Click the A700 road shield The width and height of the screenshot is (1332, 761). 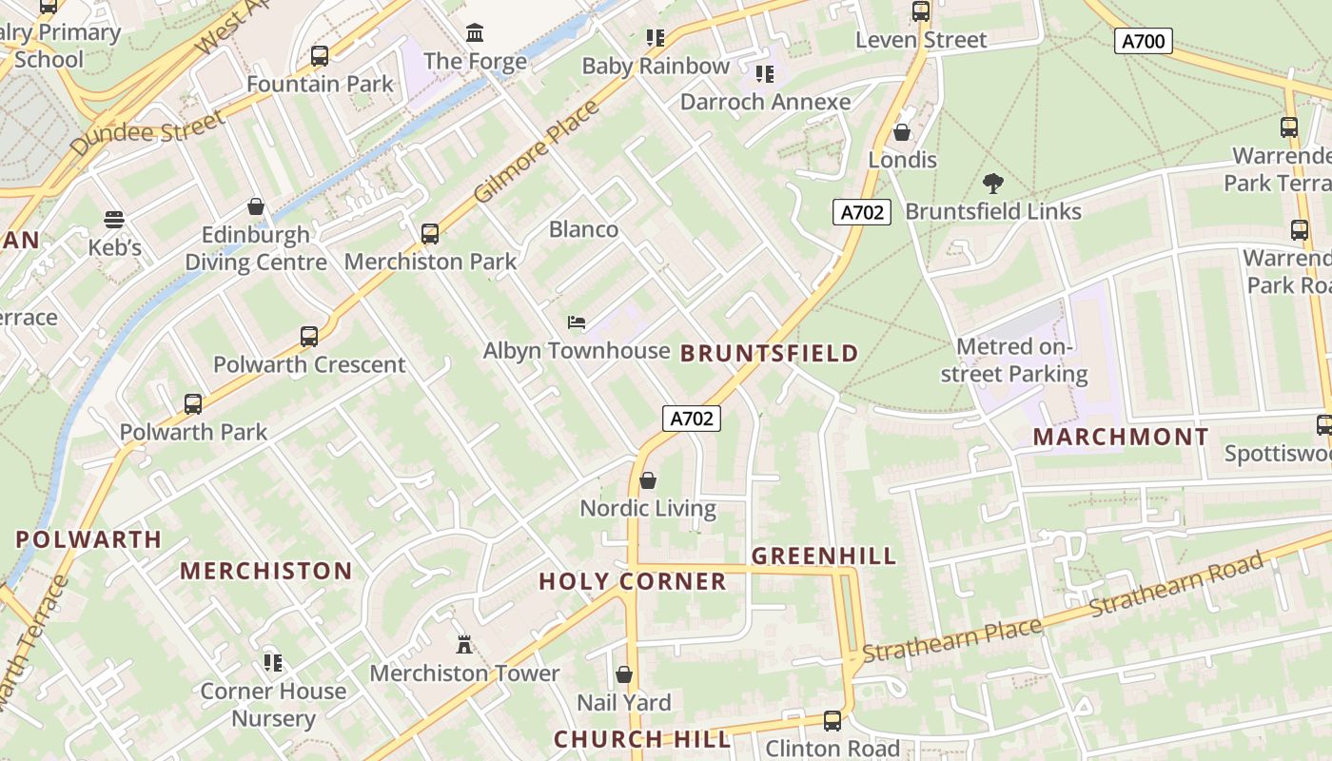1143,41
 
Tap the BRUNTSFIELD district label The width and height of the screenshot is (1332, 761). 769,354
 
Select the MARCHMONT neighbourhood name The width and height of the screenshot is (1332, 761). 1120,438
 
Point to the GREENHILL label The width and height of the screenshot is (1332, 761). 824,556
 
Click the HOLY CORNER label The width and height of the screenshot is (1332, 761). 633,582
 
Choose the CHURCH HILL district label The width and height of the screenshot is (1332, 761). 642,739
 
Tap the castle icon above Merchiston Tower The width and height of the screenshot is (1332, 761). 464,645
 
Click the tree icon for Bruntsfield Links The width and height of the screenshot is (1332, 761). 992,183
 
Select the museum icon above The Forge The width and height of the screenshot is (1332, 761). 475,34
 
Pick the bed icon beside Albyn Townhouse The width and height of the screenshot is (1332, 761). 577,322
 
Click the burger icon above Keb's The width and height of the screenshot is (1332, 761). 114,220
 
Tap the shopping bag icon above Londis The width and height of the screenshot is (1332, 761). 902,132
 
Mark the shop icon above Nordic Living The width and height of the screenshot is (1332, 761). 648,480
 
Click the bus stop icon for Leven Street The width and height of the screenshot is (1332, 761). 920,11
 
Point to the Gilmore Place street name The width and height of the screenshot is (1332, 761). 537,150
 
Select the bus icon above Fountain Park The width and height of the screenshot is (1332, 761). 320,56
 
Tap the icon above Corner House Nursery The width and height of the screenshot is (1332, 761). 273,662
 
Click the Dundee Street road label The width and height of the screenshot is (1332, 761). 148,132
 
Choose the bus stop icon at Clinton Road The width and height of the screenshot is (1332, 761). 832,721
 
